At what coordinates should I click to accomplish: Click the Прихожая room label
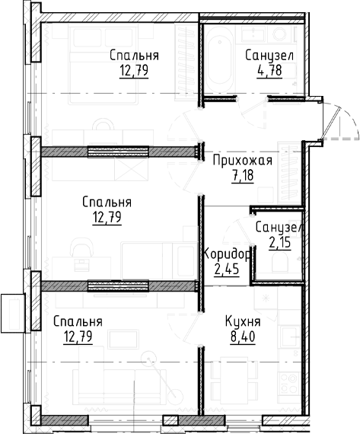pyautogui.click(x=243, y=161)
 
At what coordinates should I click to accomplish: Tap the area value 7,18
pyautogui.click(x=243, y=175)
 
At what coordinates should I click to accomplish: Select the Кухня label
pyautogui.click(x=243, y=322)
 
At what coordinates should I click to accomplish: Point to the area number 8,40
pyautogui.click(x=242, y=337)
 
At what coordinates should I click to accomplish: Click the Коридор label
pyautogui.click(x=227, y=254)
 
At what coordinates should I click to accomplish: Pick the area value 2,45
pyautogui.click(x=227, y=269)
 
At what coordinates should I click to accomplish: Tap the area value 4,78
pyautogui.click(x=269, y=70)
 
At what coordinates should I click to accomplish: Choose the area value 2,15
pyautogui.click(x=280, y=243)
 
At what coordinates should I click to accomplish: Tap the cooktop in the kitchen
pyautogui.click(x=289, y=383)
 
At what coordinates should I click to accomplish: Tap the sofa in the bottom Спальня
pyautogui.click(x=119, y=385)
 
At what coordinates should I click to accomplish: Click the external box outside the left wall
pyautogui.click(x=13, y=313)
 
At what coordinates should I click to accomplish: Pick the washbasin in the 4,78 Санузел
pyautogui.click(x=253, y=34)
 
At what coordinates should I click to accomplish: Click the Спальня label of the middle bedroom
pyautogui.click(x=107, y=203)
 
